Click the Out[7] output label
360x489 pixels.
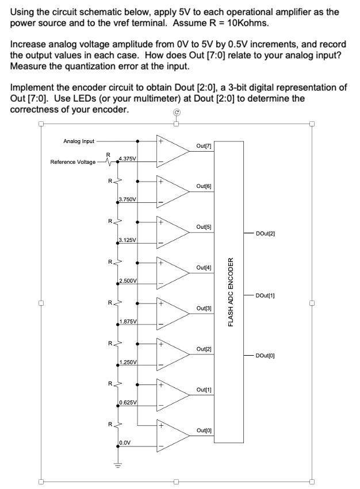pyautogui.click(x=204, y=147)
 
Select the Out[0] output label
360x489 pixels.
pyautogui.click(x=204, y=430)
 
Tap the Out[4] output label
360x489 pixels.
pyautogui.click(x=204, y=268)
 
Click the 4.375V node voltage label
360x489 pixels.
pyautogui.click(x=127, y=158)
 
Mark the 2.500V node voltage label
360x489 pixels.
pyautogui.click(x=127, y=280)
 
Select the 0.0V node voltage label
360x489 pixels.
pyautogui.click(x=125, y=443)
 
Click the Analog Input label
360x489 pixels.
pyautogui.click(x=79, y=141)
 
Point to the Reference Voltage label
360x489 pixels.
pyautogui.click(x=73, y=162)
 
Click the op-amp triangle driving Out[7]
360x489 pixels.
pyautogui.click(x=171, y=149)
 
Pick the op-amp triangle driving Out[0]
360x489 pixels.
pyautogui.click(x=171, y=434)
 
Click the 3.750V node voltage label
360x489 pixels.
pyautogui.click(x=127, y=199)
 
